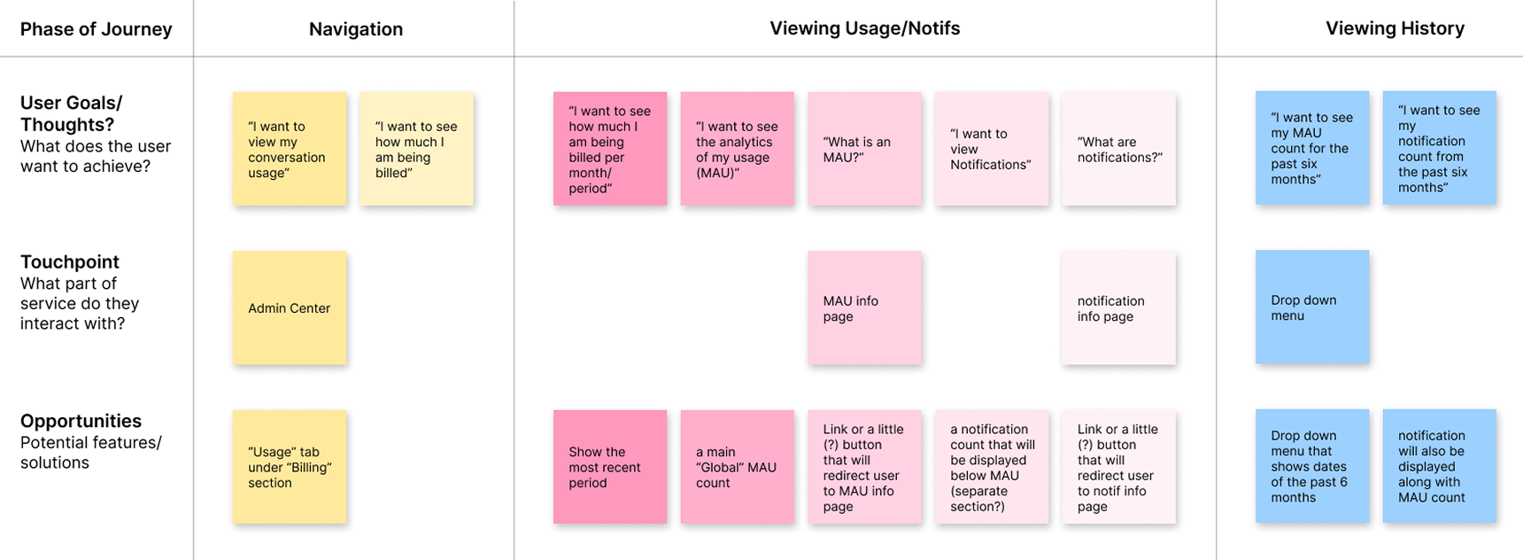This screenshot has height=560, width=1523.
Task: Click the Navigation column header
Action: (x=355, y=29)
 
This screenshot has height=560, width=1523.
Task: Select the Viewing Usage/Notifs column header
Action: (x=864, y=28)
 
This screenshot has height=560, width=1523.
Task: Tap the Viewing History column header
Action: (x=1394, y=28)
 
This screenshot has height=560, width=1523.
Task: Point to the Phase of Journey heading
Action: (x=96, y=29)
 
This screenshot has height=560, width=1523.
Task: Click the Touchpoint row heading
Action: (x=70, y=262)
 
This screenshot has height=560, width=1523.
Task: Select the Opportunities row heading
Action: (x=81, y=422)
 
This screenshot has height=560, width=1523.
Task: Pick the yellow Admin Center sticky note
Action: (x=290, y=307)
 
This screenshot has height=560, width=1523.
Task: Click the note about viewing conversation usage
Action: (x=290, y=149)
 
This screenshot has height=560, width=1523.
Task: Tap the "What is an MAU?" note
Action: (x=864, y=149)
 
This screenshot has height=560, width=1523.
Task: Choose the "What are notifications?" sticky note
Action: (x=1118, y=149)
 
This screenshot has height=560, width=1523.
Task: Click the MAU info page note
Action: (x=864, y=307)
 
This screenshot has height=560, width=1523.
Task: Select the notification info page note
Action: (x=1118, y=307)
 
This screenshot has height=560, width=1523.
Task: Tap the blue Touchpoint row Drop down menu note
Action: (x=1311, y=307)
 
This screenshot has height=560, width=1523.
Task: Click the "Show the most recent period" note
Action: (x=609, y=467)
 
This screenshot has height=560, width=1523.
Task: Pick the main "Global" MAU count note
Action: (x=737, y=467)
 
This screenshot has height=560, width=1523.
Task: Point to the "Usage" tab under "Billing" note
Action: (x=290, y=467)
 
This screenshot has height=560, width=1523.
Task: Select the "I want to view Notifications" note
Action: (x=991, y=149)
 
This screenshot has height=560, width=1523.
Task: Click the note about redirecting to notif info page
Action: (x=1118, y=467)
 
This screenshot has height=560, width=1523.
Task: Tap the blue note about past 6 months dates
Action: (x=1311, y=467)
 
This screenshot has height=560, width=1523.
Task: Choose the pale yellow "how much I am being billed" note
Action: (x=416, y=149)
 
